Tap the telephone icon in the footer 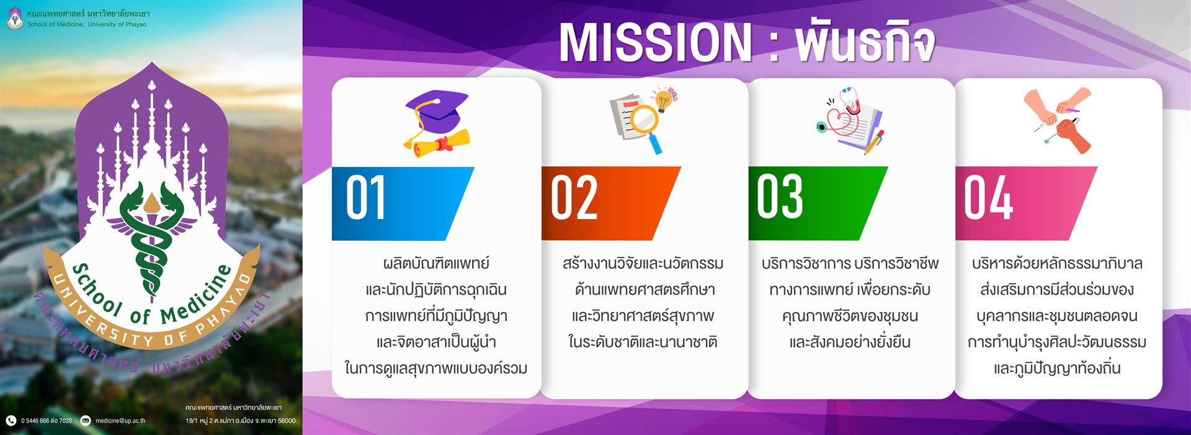11,421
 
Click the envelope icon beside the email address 86,421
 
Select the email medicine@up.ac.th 120,421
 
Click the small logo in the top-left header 16,19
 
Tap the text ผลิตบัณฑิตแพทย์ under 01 436,264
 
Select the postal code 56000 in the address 286,421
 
